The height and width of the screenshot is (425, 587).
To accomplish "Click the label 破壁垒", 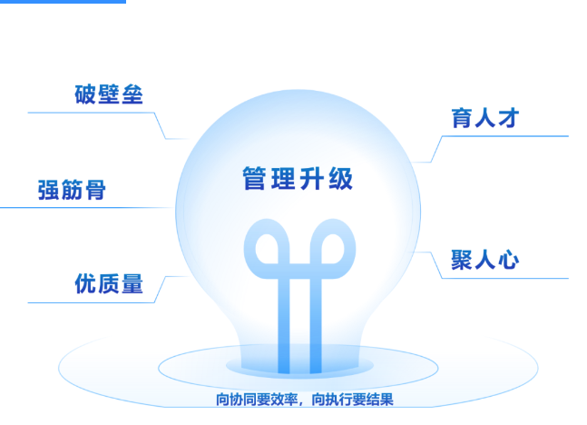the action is coord(109,94).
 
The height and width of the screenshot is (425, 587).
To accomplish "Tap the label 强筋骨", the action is coord(72,190).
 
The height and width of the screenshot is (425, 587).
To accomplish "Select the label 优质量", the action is coord(109,283).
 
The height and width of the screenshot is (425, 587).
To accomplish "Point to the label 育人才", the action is coord(485,118).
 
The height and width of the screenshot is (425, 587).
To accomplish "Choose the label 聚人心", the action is coord(485,260).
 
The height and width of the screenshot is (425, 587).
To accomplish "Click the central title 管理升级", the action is coord(298,178).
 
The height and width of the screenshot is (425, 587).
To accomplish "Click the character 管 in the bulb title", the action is coord(255,178).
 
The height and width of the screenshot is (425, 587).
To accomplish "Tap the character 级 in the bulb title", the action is coord(341,178).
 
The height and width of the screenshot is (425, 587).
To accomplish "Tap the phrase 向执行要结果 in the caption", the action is coord(353,400).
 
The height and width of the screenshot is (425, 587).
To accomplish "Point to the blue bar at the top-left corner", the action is coord(63,2).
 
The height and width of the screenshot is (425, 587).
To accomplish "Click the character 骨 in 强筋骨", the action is coord(95,190).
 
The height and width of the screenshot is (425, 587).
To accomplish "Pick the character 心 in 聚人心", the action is coord(508,260).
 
